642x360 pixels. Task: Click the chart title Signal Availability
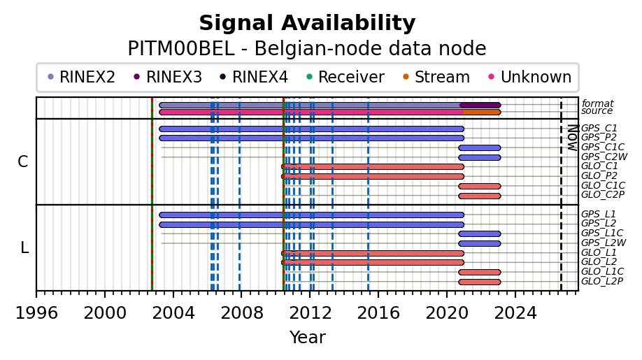point(307,23)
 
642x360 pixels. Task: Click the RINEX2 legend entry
point(82,77)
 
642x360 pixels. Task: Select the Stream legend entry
point(436,77)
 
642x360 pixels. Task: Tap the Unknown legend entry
point(530,77)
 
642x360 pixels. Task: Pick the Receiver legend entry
point(345,77)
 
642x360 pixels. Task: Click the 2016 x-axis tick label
point(378,313)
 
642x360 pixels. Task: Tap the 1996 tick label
point(36,313)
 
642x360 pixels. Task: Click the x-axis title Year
point(308,338)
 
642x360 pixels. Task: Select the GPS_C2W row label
point(604,157)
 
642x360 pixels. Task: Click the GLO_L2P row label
point(602,282)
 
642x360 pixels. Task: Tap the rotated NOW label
point(573,138)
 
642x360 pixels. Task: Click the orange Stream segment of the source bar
point(481,112)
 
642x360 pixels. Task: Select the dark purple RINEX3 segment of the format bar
point(480,105)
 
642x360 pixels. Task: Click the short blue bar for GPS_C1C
point(480,147)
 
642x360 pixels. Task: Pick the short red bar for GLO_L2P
point(480,282)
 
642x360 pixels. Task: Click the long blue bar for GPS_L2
point(312,224)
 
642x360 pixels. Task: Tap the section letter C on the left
point(23,162)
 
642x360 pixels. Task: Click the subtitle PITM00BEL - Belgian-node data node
point(307,49)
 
